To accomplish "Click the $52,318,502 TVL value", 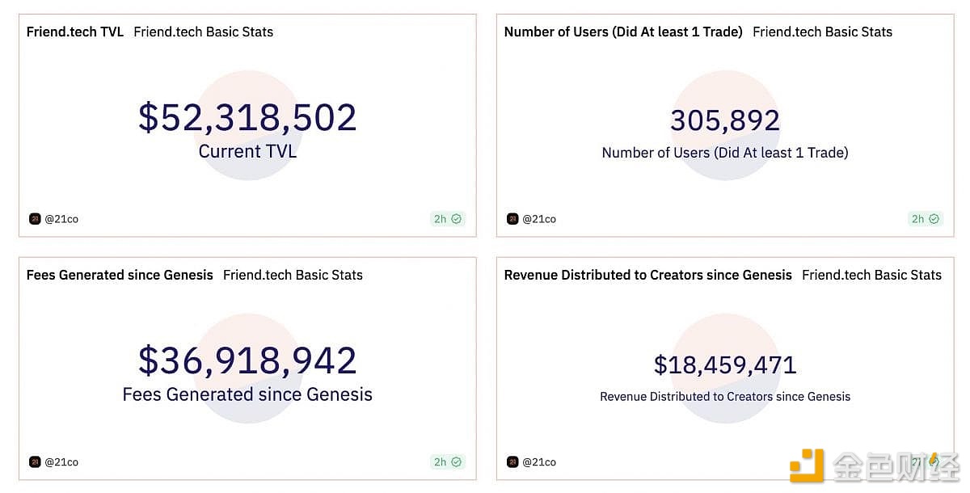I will click(x=247, y=118).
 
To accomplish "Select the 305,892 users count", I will click(x=725, y=120).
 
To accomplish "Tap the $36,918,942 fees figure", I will click(x=247, y=360).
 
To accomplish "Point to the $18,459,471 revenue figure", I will click(x=725, y=364).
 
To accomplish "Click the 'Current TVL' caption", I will click(x=247, y=151).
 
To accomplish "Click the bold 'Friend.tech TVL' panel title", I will click(x=75, y=32).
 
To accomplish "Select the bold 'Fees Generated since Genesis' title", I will click(x=120, y=275).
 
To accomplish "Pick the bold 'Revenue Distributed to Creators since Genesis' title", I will click(x=647, y=275).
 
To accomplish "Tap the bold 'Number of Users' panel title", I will click(x=623, y=32).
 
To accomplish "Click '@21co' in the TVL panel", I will click(x=61, y=219).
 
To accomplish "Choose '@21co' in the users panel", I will click(x=539, y=219).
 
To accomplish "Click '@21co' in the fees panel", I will click(x=61, y=462).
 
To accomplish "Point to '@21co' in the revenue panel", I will click(x=539, y=462).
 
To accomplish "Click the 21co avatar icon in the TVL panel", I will click(x=35, y=219).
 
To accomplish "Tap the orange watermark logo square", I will click(x=806, y=466).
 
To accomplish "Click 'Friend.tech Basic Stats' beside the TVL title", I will click(x=203, y=32).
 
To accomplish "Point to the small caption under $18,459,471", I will click(x=725, y=397).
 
